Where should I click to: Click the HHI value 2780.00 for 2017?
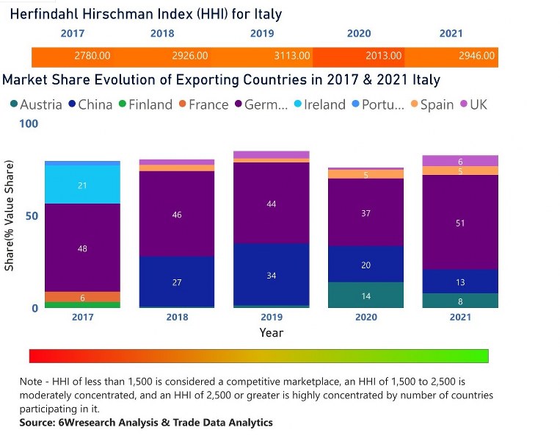point(92,56)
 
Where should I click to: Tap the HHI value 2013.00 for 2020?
point(384,56)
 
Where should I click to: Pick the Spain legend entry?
point(432,104)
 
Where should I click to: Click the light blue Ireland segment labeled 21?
point(82,184)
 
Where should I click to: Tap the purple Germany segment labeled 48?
point(82,248)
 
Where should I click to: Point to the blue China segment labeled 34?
point(272,275)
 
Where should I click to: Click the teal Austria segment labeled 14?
point(366,295)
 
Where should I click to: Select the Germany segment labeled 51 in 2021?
point(460,223)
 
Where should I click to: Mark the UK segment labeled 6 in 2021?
point(460,161)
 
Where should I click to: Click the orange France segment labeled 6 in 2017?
point(82,297)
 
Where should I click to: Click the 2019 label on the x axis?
point(272,317)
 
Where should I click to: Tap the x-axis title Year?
point(271,333)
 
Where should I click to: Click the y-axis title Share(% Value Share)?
point(10,217)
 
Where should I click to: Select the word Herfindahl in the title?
point(50,13)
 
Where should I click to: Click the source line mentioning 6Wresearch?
point(146,423)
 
